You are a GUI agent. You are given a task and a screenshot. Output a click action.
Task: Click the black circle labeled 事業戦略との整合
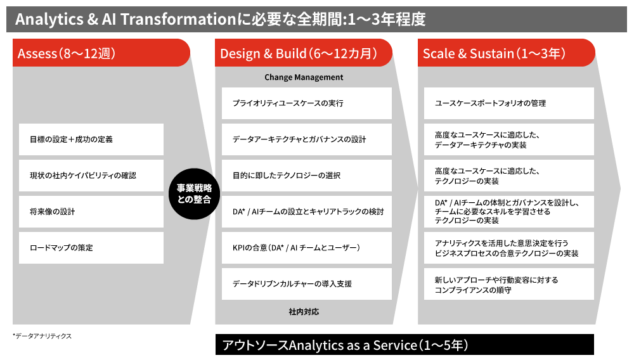[194, 194]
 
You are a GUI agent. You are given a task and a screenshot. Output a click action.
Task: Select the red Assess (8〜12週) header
[101, 53]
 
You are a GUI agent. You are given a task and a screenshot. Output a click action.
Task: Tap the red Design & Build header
[303, 53]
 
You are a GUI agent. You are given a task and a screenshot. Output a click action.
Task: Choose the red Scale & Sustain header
[506, 53]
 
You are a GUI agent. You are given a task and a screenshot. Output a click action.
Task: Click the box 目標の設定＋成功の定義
[91, 139]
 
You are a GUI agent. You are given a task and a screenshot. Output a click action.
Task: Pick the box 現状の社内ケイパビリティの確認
[91, 176]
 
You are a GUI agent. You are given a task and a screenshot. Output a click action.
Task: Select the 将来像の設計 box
[91, 212]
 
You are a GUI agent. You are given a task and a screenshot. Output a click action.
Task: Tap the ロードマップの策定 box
[91, 248]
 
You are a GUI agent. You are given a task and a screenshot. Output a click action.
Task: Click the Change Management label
[304, 77]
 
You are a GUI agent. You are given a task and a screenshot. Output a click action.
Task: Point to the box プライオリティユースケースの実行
[307, 103]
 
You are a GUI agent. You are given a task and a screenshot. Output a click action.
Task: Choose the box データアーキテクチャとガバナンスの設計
[307, 139]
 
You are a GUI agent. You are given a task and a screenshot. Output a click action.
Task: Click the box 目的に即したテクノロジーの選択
[307, 176]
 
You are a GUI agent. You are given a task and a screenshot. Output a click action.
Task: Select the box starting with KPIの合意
[307, 248]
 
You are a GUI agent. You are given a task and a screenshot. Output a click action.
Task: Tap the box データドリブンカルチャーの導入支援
[307, 284]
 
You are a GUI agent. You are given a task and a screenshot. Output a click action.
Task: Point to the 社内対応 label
[304, 312]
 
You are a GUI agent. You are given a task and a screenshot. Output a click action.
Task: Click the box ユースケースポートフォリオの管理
[509, 103]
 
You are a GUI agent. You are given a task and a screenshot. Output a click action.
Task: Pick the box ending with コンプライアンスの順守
[509, 284]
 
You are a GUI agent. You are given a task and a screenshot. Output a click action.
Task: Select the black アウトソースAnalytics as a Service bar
[404, 345]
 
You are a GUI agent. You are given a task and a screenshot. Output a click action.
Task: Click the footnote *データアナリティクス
[42, 336]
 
